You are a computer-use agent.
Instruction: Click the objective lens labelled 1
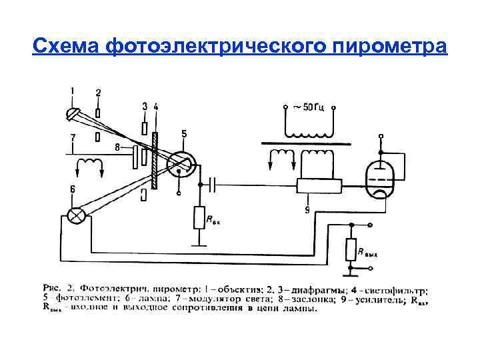coord(72,114)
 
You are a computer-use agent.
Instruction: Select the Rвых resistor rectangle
coord(350,251)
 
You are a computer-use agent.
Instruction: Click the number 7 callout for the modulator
coord(73,137)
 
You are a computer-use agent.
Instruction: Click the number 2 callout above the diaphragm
coord(98,93)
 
